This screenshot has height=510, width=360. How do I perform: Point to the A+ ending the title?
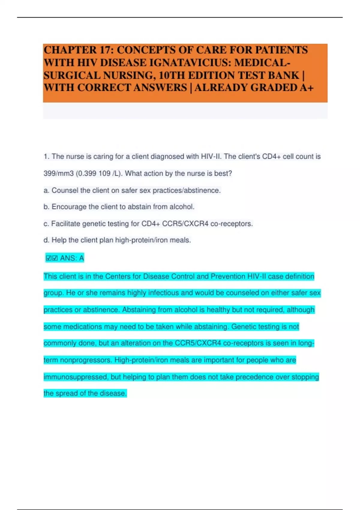click(x=306, y=88)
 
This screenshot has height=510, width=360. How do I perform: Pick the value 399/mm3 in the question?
click(x=58, y=173)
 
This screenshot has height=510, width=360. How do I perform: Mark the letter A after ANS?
click(x=81, y=258)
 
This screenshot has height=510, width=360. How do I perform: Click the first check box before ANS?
click(x=49, y=258)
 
